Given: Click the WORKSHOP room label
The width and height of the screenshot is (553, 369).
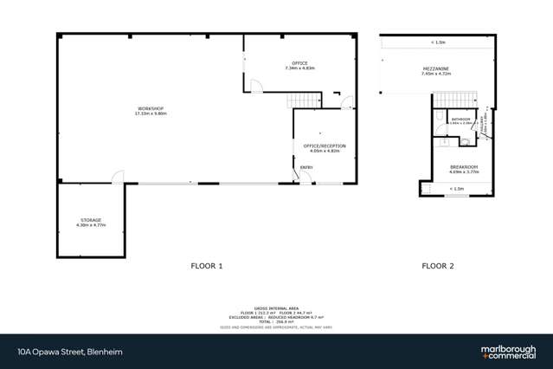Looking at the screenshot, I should click(x=150, y=109).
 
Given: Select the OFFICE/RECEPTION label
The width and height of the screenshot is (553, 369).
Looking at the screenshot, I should click(x=325, y=146).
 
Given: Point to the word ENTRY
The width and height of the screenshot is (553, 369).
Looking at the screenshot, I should click(x=307, y=167).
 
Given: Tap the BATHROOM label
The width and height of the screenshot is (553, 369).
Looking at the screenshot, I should click(x=460, y=120).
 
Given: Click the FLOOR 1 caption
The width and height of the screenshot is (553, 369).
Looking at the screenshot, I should click(x=207, y=266).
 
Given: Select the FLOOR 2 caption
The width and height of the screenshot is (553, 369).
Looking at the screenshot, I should click(x=438, y=266).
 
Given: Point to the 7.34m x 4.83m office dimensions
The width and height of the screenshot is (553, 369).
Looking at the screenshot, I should click(x=299, y=68).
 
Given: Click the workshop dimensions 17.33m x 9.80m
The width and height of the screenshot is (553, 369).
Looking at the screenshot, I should click(x=150, y=113).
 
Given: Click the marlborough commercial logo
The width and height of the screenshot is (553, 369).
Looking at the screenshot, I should click(x=508, y=352).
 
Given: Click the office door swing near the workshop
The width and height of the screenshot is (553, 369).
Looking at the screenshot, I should click(x=255, y=85).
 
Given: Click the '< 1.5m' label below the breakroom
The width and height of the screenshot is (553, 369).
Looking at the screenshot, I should click(x=456, y=188).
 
